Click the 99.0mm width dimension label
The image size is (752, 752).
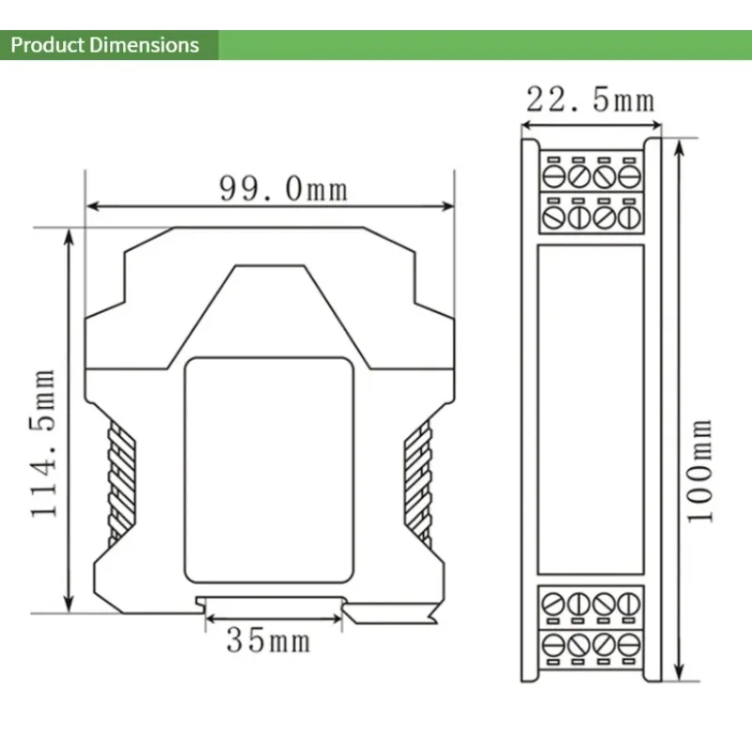[283, 189]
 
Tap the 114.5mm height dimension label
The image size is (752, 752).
[43, 444]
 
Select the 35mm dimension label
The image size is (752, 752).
[269, 640]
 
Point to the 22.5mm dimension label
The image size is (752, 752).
[591, 100]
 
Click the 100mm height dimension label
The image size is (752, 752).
[699, 471]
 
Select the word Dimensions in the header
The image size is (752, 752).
[144, 45]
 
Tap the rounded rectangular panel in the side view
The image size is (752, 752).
[269, 470]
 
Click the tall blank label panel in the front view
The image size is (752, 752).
[591, 410]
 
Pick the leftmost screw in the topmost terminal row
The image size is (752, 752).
[554, 176]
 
